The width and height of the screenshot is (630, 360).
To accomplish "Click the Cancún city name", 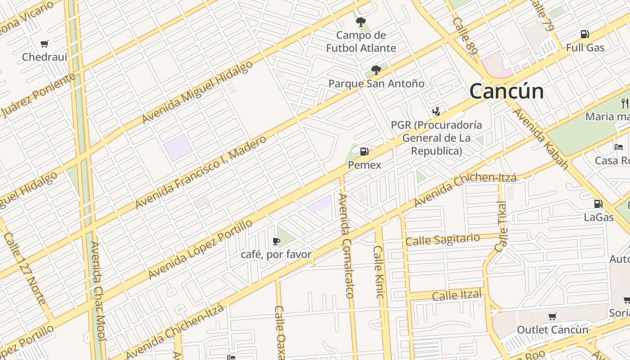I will click(x=506, y=91).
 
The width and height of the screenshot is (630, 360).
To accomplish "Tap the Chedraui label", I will click(x=45, y=57).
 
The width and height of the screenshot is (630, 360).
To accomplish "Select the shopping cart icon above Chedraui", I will click(x=44, y=44).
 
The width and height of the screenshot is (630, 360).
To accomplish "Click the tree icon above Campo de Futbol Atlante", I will click(x=360, y=22).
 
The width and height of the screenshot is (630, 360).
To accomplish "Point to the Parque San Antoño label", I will click(x=376, y=84).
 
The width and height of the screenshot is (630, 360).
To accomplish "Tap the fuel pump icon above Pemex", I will click(x=364, y=152).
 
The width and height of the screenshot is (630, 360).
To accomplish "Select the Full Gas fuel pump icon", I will click(x=585, y=34).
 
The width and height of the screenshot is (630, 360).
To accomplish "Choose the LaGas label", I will click(x=598, y=217).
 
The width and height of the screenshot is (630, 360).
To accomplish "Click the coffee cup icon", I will click(x=276, y=242).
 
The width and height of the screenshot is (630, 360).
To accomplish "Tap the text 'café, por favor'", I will click(x=276, y=255).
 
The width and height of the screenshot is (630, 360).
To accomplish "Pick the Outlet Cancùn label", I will click(x=552, y=330).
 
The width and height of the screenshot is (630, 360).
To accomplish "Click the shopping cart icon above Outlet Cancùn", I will click(x=552, y=317).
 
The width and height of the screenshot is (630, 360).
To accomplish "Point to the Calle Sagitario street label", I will click(x=442, y=239).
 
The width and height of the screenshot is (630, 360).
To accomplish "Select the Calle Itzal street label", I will click(x=456, y=295).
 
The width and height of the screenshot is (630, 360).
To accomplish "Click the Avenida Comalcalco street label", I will click(x=346, y=246).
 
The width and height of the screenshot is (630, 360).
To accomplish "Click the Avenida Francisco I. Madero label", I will click(x=201, y=172).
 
